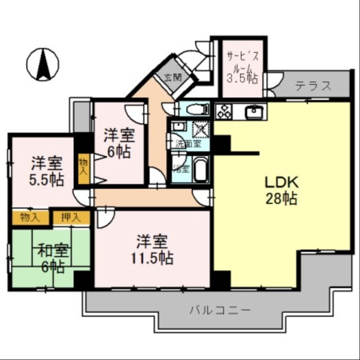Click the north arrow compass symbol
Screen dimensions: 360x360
pos(43,65)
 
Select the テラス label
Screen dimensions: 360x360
pos(314,85)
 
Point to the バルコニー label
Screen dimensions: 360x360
pos(220,310)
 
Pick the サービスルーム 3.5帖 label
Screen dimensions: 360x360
pos(242,68)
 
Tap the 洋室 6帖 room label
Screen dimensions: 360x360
pos(119,143)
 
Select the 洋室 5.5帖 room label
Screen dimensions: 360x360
pos(46,171)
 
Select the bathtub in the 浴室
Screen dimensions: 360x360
pos(201,169)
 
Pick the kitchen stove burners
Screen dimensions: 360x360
pos(224,111)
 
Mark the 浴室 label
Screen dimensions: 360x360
pos(182,169)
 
